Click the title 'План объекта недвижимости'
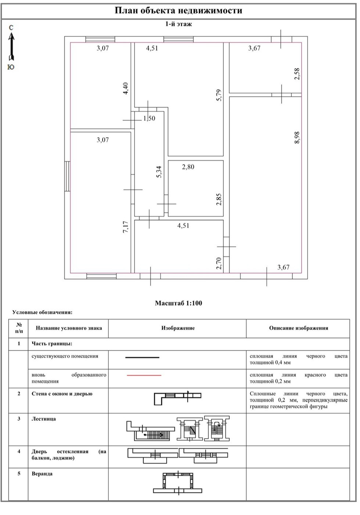tap(179, 10)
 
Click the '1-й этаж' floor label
tap(178, 24)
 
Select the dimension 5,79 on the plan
tap(219, 95)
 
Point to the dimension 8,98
tap(297, 138)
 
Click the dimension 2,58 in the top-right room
tap(297, 74)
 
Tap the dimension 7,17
tap(126, 227)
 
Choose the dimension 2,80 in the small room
tap(188, 167)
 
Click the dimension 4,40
tap(126, 89)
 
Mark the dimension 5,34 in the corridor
tap(159, 172)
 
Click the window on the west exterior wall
tap(68, 176)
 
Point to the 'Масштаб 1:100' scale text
tap(179, 303)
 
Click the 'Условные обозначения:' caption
tap(42, 313)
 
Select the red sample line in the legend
tap(144, 375)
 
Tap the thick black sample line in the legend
tap(143, 357)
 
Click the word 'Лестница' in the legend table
tap(44, 419)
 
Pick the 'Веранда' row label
tap(42, 474)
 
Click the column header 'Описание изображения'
tap(298, 328)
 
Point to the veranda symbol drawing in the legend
tap(178, 482)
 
